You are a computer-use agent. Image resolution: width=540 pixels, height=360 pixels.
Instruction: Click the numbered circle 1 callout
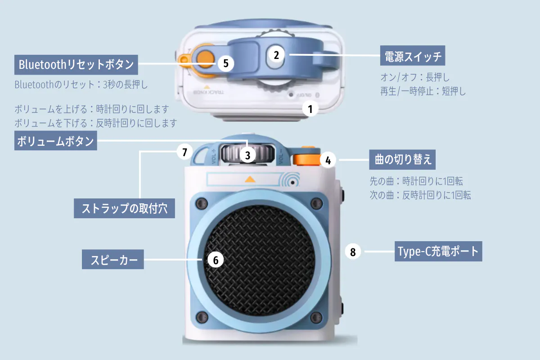[x=310, y=109]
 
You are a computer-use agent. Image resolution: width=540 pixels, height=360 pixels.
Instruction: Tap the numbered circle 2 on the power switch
[x=276, y=55]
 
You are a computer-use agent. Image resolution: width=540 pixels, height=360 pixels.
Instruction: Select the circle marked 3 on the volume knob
[x=247, y=155]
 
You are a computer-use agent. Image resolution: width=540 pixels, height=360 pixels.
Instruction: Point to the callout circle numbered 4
[x=328, y=160]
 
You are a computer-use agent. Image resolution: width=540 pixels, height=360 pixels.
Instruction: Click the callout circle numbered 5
[x=225, y=63]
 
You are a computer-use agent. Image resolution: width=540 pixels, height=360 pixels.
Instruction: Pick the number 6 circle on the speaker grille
[x=216, y=260]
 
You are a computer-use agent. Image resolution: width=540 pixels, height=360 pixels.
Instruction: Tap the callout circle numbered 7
[x=184, y=152]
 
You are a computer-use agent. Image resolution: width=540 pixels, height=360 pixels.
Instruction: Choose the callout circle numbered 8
[x=353, y=252]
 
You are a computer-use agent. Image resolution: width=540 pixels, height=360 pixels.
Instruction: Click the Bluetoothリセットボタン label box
[x=76, y=65]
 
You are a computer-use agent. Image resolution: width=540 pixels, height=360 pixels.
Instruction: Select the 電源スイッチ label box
[x=413, y=55]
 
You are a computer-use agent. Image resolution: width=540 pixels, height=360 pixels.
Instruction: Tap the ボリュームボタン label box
[x=56, y=140]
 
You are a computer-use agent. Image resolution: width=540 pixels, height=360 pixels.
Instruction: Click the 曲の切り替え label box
[x=402, y=159]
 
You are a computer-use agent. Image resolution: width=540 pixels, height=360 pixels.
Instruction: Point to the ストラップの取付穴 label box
[x=124, y=208]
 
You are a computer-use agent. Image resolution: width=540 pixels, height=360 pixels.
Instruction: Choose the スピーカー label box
[x=113, y=259]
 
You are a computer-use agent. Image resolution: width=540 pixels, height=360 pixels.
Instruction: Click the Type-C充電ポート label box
[x=438, y=251]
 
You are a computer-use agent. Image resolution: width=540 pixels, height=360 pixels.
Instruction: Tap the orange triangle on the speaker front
[x=250, y=179]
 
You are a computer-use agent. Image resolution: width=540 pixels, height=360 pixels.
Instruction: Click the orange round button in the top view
[x=205, y=58]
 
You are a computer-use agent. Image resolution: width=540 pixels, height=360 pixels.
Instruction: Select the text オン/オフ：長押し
[x=415, y=77]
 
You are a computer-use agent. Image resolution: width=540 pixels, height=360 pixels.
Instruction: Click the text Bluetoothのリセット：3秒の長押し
[x=81, y=85]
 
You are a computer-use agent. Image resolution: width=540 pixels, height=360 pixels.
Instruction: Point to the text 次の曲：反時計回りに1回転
[x=420, y=195]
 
